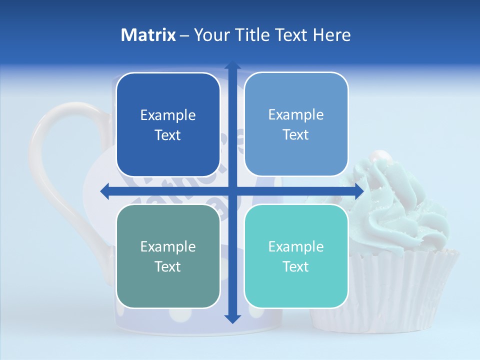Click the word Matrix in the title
(148, 35)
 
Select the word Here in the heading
(331, 35)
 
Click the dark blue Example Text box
(168, 124)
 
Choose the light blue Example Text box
(296, 124)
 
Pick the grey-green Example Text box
(168, 256)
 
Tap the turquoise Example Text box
(296, 256)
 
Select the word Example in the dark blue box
(168, 115)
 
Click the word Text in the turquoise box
(296, 266)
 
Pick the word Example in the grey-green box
(168, 246)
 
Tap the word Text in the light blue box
(296, 134)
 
